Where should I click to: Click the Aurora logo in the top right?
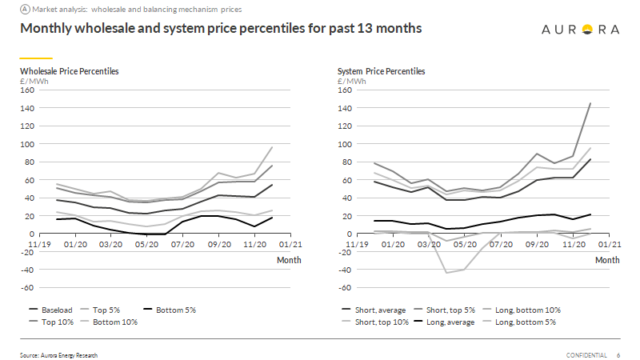(580, 30)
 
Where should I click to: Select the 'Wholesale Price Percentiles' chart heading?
(69, 71)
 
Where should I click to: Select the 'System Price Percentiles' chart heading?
(382, 71)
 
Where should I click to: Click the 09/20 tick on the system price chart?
(534, 246)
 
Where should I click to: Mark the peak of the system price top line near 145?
(590, 103)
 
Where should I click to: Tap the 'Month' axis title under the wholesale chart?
(288, 260)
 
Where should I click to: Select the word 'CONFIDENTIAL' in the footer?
(586, 354)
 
